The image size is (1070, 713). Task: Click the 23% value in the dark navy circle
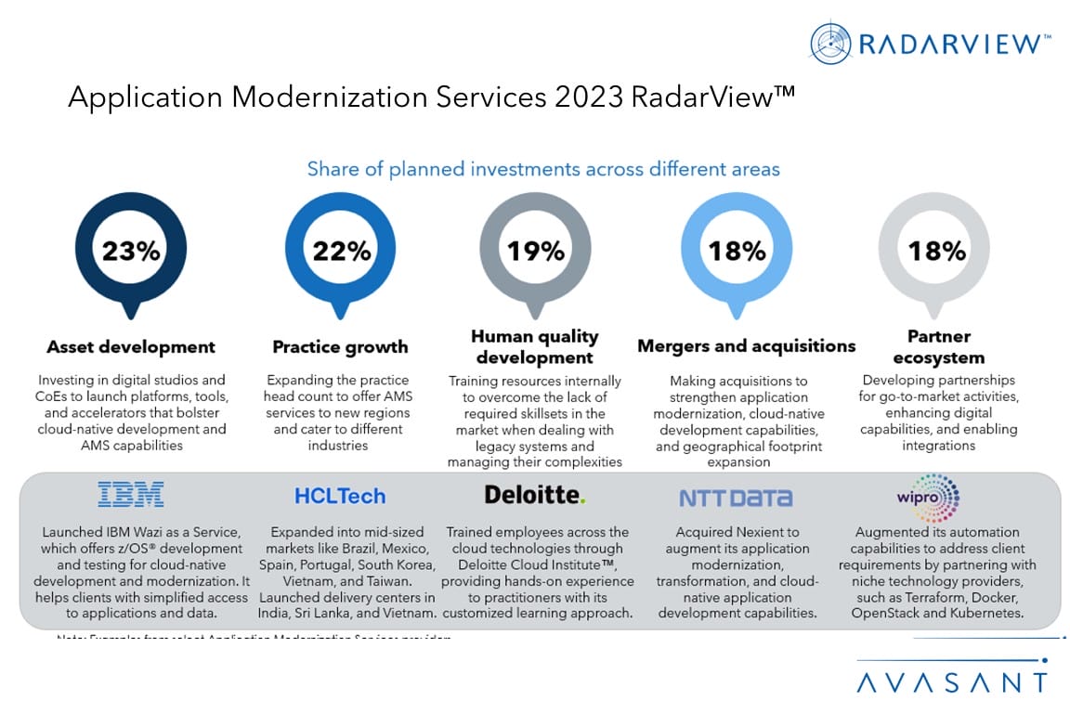[131, 251]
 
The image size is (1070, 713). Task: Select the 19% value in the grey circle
[535, 251]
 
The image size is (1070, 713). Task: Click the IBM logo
[131, 494]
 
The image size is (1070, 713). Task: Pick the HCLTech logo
[340, 496]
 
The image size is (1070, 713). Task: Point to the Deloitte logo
[535, 495]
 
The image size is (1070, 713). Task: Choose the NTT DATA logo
[736, 498]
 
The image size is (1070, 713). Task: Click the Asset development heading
[131, 347]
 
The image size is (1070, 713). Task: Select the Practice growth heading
[340, 347]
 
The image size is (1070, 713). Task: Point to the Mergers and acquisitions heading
[746, 346]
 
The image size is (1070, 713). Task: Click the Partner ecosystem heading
[938, 346]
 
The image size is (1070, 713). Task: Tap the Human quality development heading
[534, 346]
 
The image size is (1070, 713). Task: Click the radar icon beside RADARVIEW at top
[830, 43]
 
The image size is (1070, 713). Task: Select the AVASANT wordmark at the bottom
[951, 682]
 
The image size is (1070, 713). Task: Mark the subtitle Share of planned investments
[543, 169]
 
